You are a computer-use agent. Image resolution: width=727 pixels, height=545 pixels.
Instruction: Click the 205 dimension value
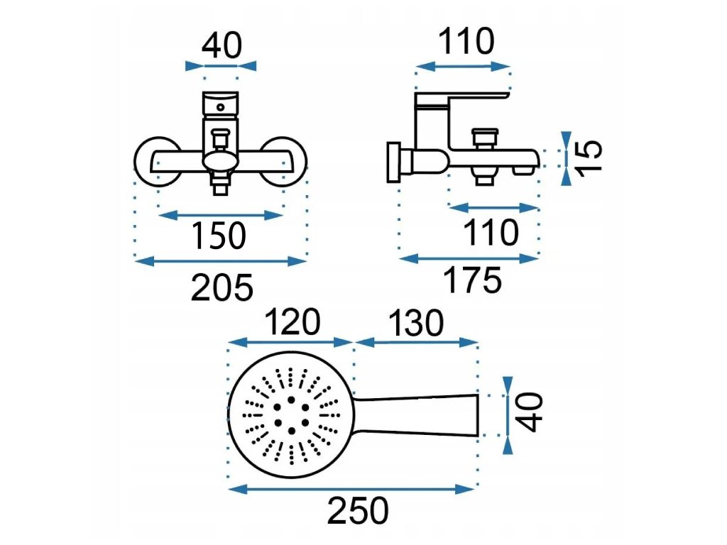[222, 287]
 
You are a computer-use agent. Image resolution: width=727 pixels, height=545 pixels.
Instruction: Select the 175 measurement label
[472, 281]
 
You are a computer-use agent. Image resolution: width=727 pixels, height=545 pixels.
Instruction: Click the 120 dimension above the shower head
[291, 323]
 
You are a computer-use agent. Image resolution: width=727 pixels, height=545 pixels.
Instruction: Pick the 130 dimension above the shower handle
[415, 323]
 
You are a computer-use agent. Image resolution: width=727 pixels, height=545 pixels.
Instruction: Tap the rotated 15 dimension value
[589, 155]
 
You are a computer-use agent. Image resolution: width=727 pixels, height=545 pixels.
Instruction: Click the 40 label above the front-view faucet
[222, 46]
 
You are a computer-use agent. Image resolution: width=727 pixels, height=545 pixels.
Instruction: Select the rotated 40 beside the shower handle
[532, 412]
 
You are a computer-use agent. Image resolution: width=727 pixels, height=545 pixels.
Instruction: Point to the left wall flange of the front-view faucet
[152, 161]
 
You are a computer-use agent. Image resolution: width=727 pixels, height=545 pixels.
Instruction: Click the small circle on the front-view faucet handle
[221, 108]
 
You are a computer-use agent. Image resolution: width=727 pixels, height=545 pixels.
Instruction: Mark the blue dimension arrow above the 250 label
[352, 488]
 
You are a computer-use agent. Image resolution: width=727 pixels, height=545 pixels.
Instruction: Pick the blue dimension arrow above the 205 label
[221, 261]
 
